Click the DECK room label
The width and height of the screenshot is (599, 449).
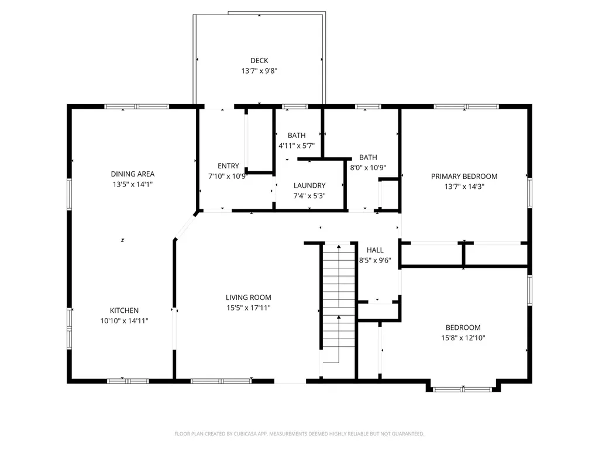click(259, 60)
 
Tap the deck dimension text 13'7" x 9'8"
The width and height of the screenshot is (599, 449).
click(259, 71)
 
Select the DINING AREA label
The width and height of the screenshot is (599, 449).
click(133, 174)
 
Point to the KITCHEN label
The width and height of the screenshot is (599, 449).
click(125, 310)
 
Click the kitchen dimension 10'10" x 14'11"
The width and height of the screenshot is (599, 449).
click(125, 321)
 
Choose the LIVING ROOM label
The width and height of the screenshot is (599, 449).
click(249, 297)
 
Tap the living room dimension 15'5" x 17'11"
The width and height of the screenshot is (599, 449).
click(249, 308)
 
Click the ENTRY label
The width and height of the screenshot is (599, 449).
click(228, 165)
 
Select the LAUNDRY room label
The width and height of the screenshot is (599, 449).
click(309, 185)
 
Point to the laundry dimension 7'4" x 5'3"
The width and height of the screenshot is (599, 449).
click(309, 196)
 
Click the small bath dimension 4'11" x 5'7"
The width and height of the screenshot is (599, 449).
click(297, 146)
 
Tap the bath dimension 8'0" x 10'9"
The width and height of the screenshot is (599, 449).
click(368, 168)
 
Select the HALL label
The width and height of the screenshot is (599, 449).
click(375, 250)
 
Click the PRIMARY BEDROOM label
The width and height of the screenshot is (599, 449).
click(464, 176)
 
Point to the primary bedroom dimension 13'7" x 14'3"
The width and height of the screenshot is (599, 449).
click(464, 186)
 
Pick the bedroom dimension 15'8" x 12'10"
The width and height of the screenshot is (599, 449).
click(463, 338)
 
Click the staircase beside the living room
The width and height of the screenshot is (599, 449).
click(338, 304)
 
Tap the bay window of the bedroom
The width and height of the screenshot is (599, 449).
click(464, 388)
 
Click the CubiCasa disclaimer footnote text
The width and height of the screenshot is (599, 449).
click(299, 434)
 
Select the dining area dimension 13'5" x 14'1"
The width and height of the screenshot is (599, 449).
click(133, 184)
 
